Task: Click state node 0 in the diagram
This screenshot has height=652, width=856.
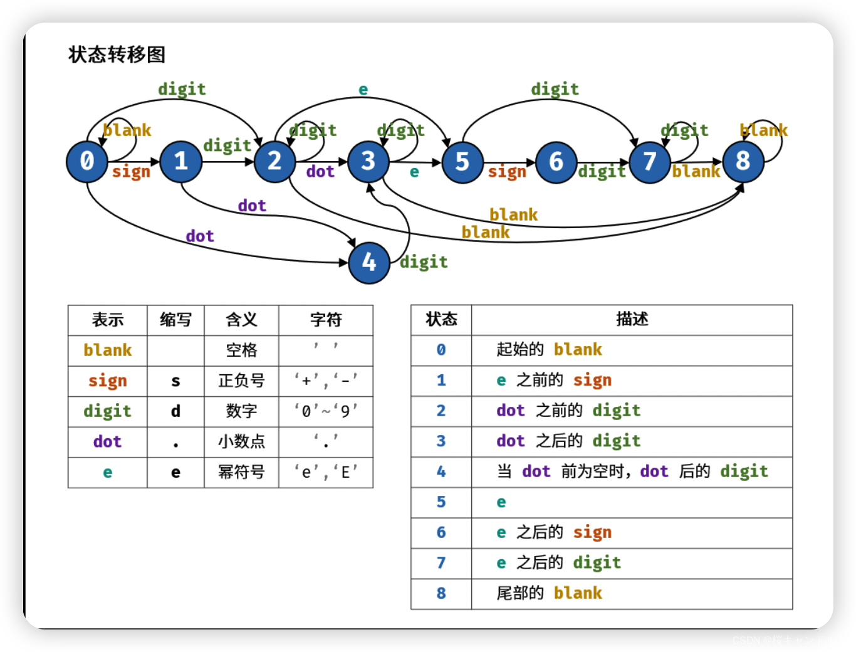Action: click(x=87, y=161)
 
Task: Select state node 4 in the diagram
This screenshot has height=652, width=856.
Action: click(x=368, y=262)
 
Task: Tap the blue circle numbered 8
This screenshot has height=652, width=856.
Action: click(x=743, y=161)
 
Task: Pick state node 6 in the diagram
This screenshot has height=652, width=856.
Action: click(x=556, y=162)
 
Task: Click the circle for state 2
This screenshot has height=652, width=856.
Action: click(x=274, y=161)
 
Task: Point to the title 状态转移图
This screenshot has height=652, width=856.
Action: click(x=117, y=55)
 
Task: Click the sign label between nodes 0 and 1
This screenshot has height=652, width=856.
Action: click(x=131, y=172)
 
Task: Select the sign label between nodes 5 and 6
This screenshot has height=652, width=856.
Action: click(x=507, y=172)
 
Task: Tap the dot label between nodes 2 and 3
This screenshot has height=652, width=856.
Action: click(x=320, y=172)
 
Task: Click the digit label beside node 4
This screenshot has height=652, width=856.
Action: click(x=424, y=262)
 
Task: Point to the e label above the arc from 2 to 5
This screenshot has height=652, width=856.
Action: click(x=363, y=90)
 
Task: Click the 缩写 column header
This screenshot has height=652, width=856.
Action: click(x=175, y=320)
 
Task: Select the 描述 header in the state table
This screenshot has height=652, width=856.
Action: click(x=632, y=319)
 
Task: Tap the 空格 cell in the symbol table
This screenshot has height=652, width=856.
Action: click(x=241, y=350)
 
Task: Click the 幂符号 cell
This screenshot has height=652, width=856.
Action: click(x=241, y=472)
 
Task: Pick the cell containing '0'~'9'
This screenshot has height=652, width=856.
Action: click(x=326, y=411)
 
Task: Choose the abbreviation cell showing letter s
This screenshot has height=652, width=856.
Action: click(x=175, y=381)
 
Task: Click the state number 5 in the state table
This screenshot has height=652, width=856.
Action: click(x=441, y=502)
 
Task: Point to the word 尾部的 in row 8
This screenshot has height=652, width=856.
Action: click(x=520, y=593)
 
